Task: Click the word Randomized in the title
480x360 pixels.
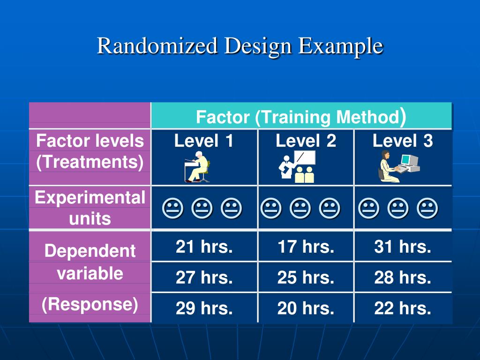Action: click(x=157, y=45)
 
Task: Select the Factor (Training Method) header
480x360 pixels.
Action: click(x=301, y=117)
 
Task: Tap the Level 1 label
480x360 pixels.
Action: click(x=203, y=141)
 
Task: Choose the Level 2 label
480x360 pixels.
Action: click(x=306, y=141)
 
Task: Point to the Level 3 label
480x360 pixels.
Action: click(x=403, y=141)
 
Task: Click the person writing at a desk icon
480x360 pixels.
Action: click(x=197, y=167)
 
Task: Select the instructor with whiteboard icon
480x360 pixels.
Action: click(x=297, y=167)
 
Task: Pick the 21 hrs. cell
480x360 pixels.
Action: click(x=204, y=247)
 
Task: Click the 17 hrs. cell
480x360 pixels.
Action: click(x=306, y=247)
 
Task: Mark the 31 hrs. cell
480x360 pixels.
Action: click(x=403, y=247)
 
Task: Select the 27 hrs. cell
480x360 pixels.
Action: click(x=204, y=277)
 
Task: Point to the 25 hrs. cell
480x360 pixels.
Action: click(x=306, y=277)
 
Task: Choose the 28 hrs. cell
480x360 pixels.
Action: click(x=403, y=277)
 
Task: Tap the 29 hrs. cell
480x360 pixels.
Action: click(x=204, y=308)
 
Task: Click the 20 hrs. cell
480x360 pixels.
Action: click(x=306, y=308)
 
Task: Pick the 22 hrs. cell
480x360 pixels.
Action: click(x=403, y=308)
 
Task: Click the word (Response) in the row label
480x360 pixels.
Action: click(x=90, y=305)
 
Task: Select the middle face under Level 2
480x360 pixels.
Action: click(x=300, y=208)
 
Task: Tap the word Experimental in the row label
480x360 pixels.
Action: click(x=90, y=197)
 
